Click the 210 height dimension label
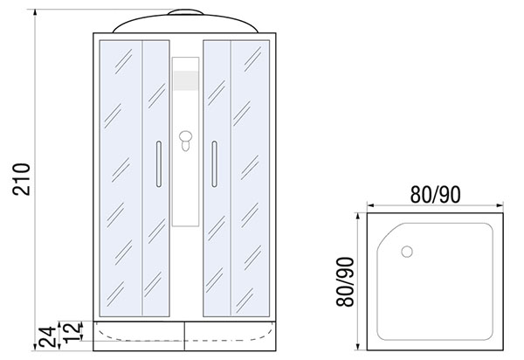[21, 179]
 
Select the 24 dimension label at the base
[47, 337]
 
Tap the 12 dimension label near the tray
[72, 333]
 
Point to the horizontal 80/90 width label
[435, 195]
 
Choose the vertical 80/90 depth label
[345, 281]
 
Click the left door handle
[159, 163]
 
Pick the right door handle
[214, 163]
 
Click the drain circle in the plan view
[407, 252]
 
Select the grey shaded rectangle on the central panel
[186, 80]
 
